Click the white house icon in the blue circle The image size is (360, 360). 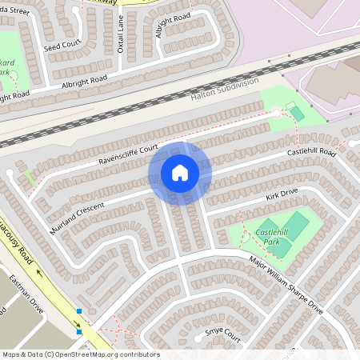(x=180, y=172)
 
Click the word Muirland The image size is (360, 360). (x=65, y=217)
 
